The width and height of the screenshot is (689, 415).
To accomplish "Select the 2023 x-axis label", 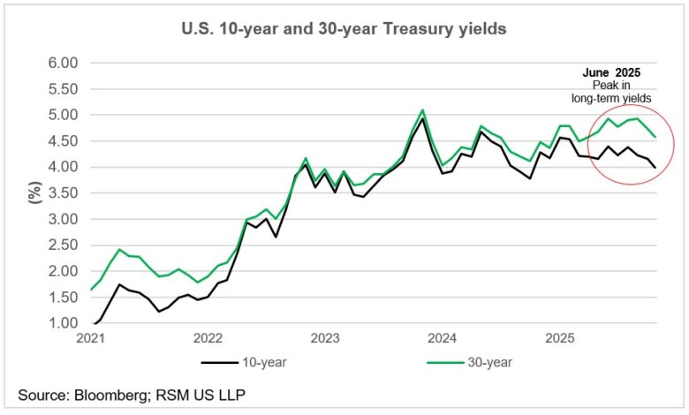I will pos(325,338).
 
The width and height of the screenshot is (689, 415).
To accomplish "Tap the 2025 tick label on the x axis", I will pos(560,338).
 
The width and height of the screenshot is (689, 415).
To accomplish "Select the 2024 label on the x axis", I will pos(443,338).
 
